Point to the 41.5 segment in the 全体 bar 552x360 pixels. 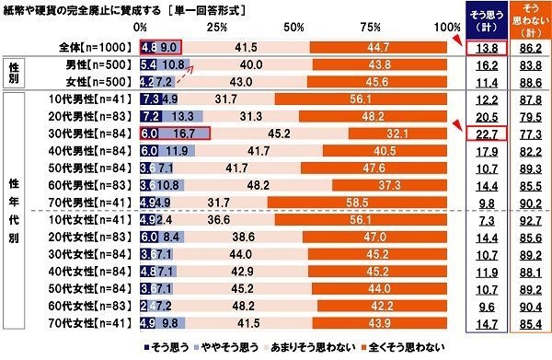(245, 46)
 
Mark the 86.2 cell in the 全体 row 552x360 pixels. (528, 46)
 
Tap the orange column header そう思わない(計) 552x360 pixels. (528, 20)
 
